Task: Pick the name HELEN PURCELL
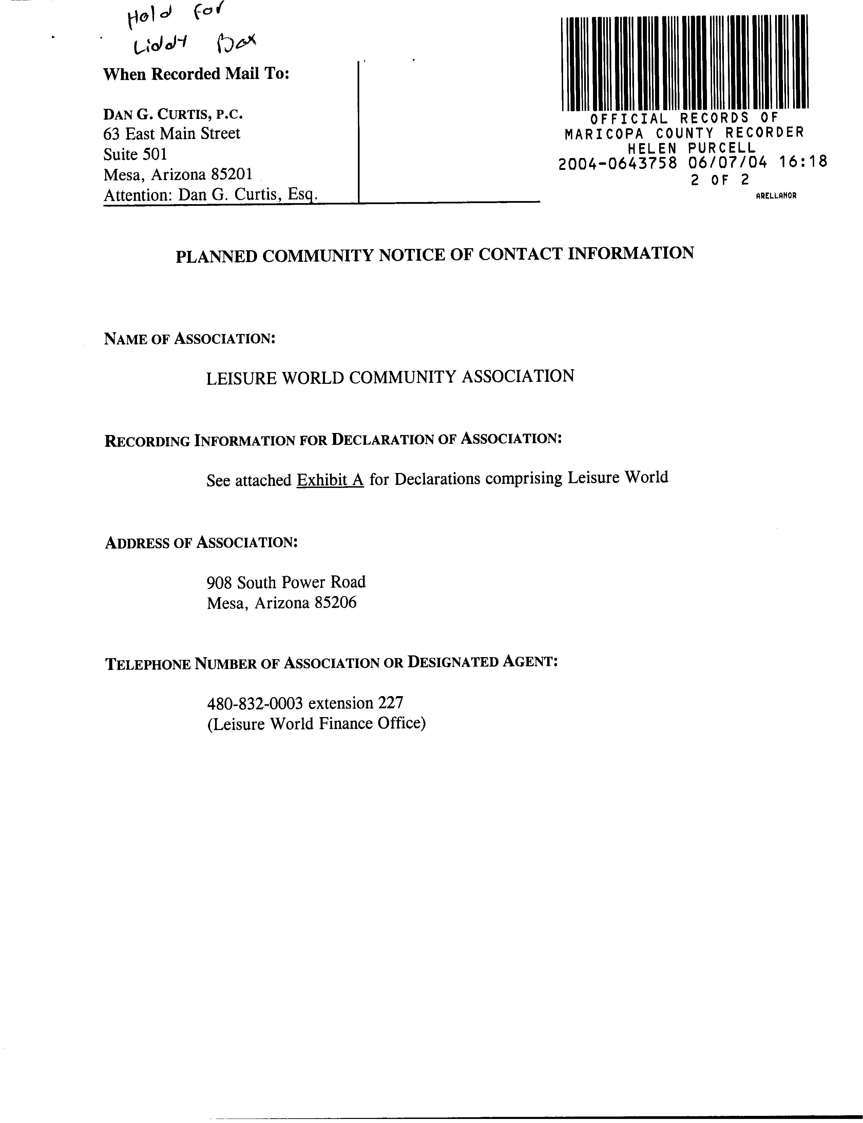point(691,148)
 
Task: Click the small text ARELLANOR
point(776,196)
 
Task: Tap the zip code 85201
point(232,175)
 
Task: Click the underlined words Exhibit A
point(330,479)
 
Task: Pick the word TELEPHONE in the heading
point(148,664)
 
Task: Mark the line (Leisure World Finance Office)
point(317,724)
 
